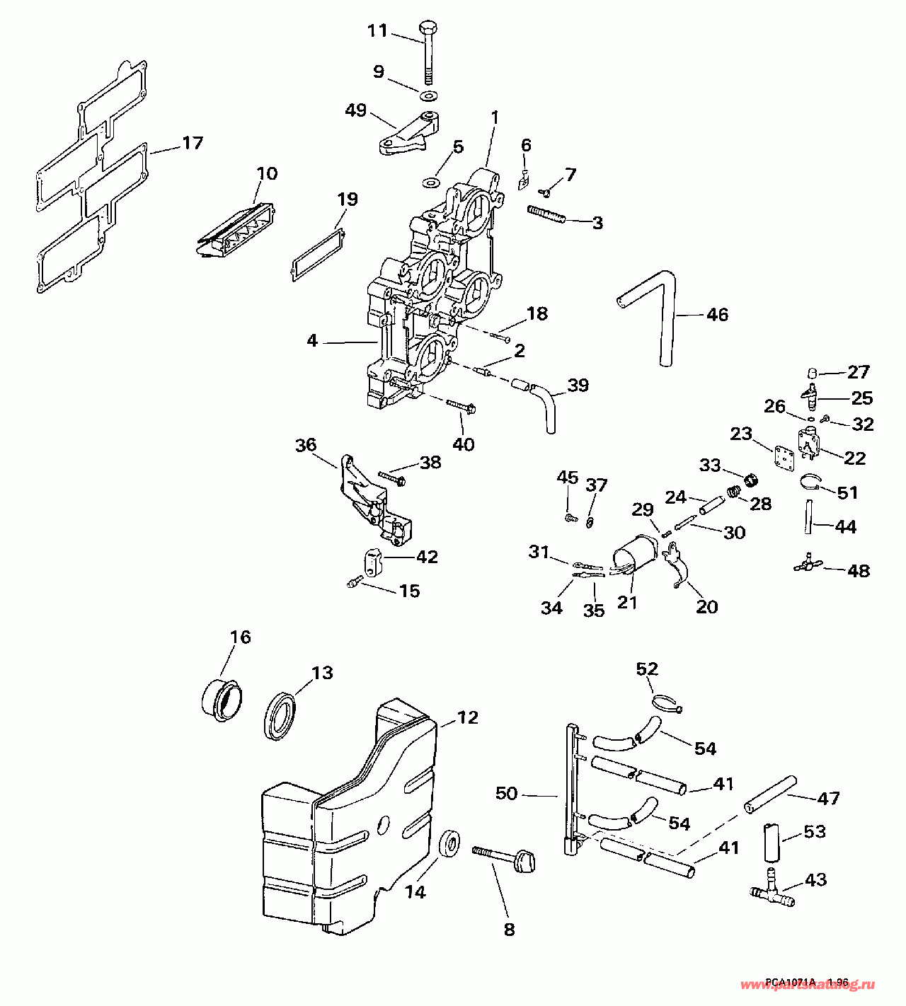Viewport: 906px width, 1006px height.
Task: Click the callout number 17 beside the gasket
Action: (192, 144)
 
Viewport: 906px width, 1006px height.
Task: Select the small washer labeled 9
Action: (428, 96)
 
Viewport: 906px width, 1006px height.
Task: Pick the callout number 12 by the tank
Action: (467, 718)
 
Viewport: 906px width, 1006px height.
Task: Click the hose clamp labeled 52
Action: (665, 703)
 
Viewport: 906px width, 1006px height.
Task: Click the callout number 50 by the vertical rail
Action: (507, 794)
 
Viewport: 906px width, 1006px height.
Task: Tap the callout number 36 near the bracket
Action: (306, 446)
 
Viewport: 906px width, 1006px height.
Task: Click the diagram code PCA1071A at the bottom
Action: (789, 983)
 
